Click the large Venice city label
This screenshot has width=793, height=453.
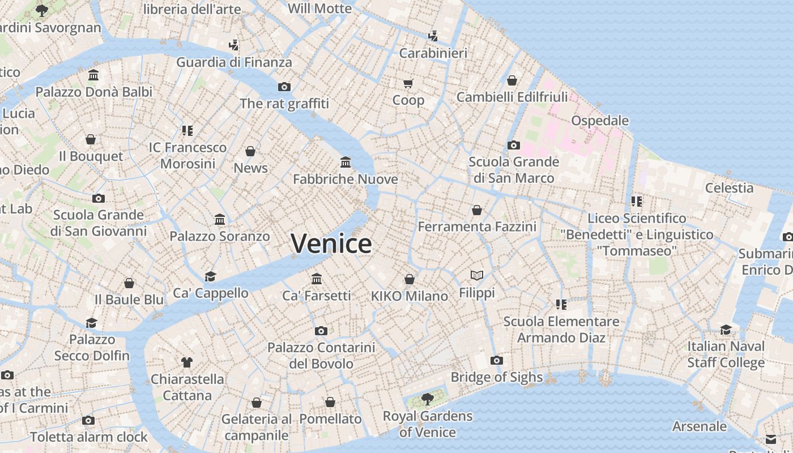tap(331, 243)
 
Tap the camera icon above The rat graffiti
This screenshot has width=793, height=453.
tap(284, 87)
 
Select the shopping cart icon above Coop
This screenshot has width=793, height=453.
tap(408, 84)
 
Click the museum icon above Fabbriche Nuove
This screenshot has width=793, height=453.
tap(346, 163)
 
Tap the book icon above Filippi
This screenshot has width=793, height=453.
tap(477, 276)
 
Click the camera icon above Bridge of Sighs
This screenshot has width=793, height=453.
tap(497, 360)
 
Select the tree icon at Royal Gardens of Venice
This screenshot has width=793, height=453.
tap(428, 399)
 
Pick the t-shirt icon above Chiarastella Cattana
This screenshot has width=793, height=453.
tap(187, 362)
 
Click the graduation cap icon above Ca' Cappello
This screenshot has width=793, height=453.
tap(211, 276)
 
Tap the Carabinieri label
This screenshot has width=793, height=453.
tap(433, 53)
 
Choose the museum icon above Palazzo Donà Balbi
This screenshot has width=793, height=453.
tap(93, 75)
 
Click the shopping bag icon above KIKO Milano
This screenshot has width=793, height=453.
tap(410, 279)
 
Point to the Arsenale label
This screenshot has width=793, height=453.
tap(699, 426)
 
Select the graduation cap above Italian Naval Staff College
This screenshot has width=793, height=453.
tap(726, 330)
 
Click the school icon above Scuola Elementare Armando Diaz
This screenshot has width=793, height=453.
tap(561, 305)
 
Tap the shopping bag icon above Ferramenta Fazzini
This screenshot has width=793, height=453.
tap(477, 210)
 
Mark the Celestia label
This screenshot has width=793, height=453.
tap(729, 188)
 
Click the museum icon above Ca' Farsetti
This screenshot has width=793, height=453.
tap(317, 279)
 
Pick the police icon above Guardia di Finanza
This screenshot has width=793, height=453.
tap(233, 45)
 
